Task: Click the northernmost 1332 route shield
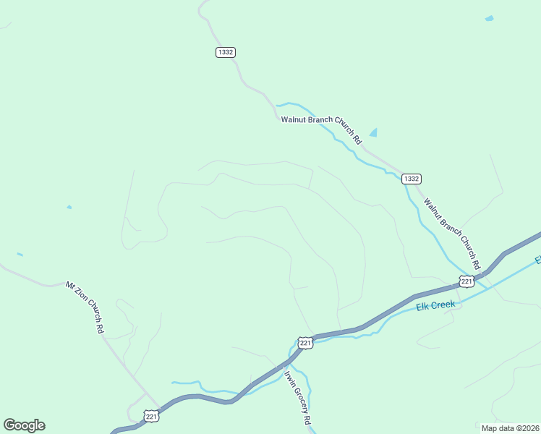225,52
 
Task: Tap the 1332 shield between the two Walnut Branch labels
411,179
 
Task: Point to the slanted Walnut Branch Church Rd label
452,232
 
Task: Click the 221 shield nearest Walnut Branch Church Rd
467,281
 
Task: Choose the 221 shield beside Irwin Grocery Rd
305,343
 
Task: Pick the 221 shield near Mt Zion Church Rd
151,416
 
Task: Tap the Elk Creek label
435,305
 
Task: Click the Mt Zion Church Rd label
86,307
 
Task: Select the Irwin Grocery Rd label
297,399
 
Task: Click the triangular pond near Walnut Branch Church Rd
373,132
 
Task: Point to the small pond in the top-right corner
489,18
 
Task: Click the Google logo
24,425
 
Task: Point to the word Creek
443,304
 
